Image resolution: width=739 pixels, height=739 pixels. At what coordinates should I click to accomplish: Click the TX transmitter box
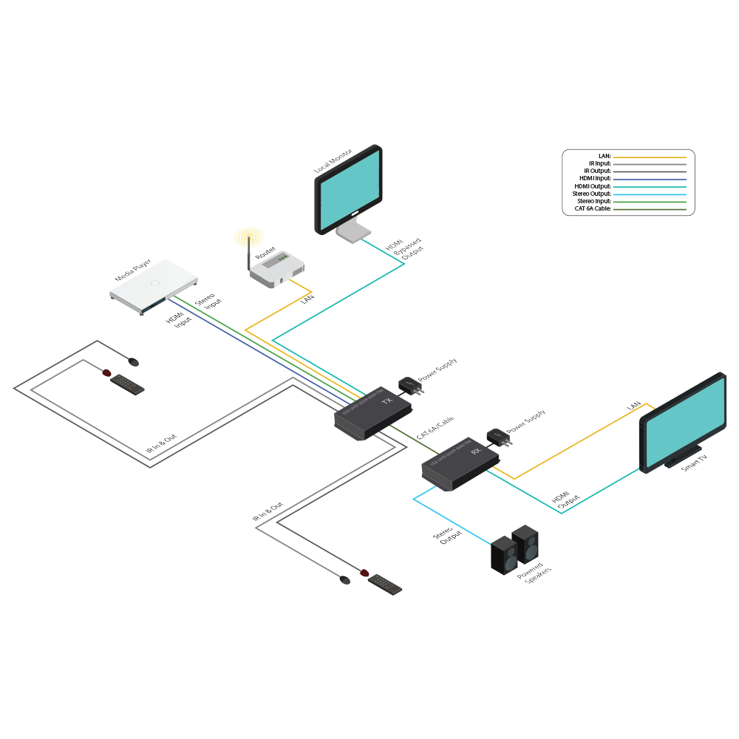point(369,414)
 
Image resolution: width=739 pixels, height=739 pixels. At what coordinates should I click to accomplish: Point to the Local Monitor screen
point(350,188)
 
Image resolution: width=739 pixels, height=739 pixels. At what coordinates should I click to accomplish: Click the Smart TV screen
point(683,421)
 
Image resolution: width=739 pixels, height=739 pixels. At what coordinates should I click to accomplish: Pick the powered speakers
point(514,551)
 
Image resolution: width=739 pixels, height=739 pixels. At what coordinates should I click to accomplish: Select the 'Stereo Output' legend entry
point(591,194)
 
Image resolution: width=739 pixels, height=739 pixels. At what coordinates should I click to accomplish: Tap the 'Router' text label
point(265,253)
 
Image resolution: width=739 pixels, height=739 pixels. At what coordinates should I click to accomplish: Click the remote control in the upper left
point(127,385)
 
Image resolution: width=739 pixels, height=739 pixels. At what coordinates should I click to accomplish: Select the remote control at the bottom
point(386,585)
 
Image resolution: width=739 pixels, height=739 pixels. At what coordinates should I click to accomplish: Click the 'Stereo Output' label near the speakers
point(449,536)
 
